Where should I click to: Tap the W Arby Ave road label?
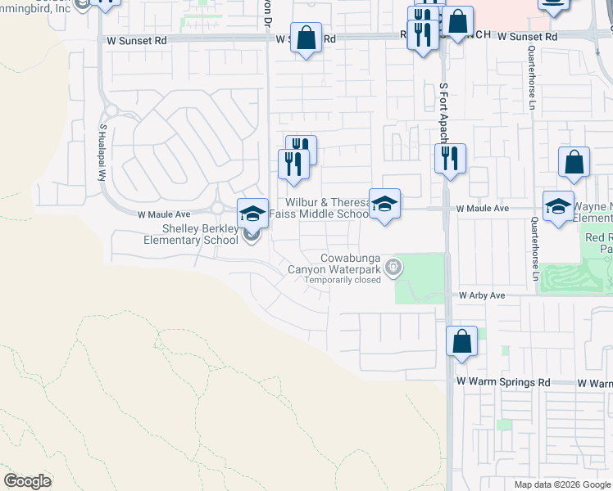click(484, 295)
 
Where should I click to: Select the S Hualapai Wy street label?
click(103, 152)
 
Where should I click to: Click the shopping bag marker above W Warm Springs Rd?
click(461, 340)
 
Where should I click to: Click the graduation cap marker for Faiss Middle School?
click(384, 204)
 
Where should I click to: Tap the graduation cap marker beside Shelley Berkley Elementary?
click(252, 214)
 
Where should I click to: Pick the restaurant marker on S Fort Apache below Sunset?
click(449, 158)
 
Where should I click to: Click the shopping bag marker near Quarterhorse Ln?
click(574, 163)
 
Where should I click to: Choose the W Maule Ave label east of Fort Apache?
click(483, 209)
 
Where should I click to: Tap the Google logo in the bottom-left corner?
click(28, 481)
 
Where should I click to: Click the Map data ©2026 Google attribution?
click(561, 484)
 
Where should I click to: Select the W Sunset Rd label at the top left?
click(132, 38)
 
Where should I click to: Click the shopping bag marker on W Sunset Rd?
click(306, 38)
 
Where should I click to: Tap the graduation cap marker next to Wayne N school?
click(558, 206)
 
